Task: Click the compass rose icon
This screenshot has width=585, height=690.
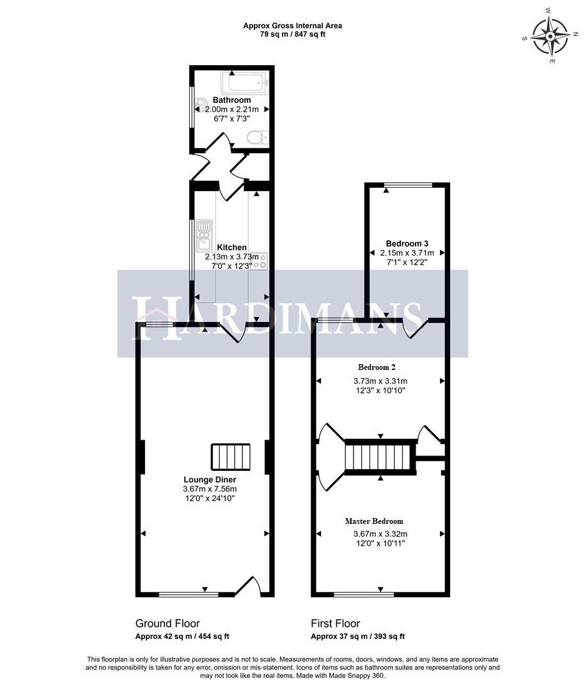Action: click(550, 36)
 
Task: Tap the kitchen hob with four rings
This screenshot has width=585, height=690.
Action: click(260, 261)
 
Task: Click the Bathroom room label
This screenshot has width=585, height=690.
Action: click(231, 100)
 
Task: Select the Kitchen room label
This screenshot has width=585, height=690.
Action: click(231, 247)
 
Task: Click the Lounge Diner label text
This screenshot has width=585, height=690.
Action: click(210, 480)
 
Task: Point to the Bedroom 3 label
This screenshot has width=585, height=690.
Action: click(407, 243)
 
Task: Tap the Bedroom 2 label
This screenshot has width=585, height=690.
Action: click(377, 367)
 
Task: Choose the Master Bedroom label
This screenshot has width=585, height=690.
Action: click(374, 521)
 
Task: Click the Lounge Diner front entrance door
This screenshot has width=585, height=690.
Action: click(248, 586)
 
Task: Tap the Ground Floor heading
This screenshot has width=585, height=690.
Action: click(168, 624)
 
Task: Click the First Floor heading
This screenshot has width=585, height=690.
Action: click(335, 624)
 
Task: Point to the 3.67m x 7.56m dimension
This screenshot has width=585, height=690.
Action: click(210, 489)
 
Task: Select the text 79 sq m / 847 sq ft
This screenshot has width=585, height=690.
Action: click(292, 34)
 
